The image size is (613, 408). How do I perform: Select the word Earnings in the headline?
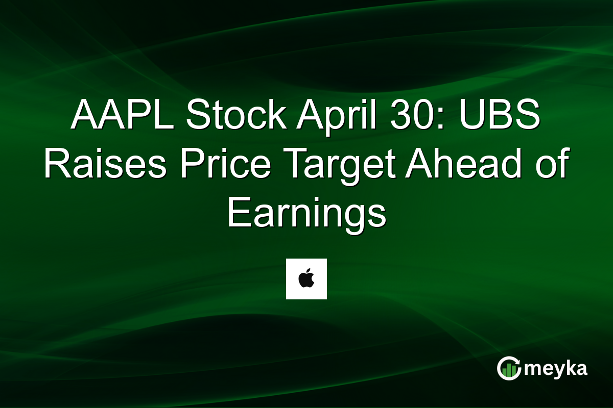pos(306,214)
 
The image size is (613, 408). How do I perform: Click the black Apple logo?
pos(306,279)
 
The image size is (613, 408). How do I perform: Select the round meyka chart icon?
pos(509,369)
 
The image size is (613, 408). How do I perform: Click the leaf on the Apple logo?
pos(309,272)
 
